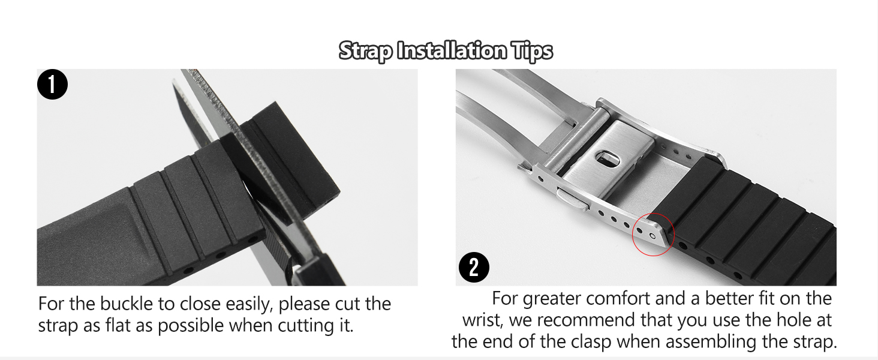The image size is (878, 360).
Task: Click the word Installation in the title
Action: click(x=452, y=50)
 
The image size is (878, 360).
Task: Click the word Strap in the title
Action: click(x=365, y=52)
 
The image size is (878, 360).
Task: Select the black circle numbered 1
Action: click(x=53, y=85)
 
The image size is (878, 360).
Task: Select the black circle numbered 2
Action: click(x=474, y=267)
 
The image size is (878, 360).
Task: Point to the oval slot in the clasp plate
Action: click(x=607, y=159)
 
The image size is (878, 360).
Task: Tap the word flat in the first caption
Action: click(x=118, y=325)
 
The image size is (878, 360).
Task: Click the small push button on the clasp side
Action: click(x=572, y=200)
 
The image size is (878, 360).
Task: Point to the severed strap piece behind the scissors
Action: click(x=291, y=154)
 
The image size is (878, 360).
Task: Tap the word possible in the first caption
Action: click(x=191, y=326)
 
